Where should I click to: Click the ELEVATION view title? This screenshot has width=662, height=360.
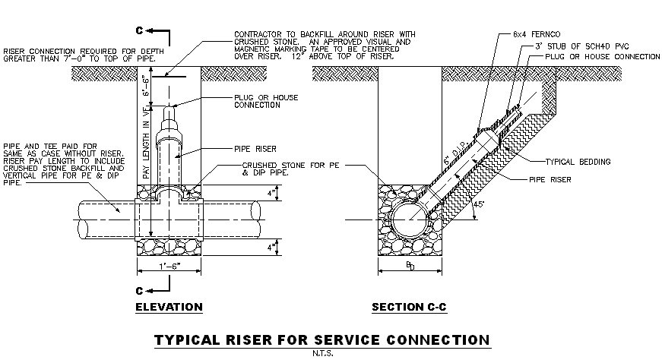coord(168,308)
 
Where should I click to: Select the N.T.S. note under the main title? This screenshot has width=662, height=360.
coord(322,352)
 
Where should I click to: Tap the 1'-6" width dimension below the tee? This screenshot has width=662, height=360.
coord(168,267)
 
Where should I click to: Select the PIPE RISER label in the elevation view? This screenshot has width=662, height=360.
coord(255,150)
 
